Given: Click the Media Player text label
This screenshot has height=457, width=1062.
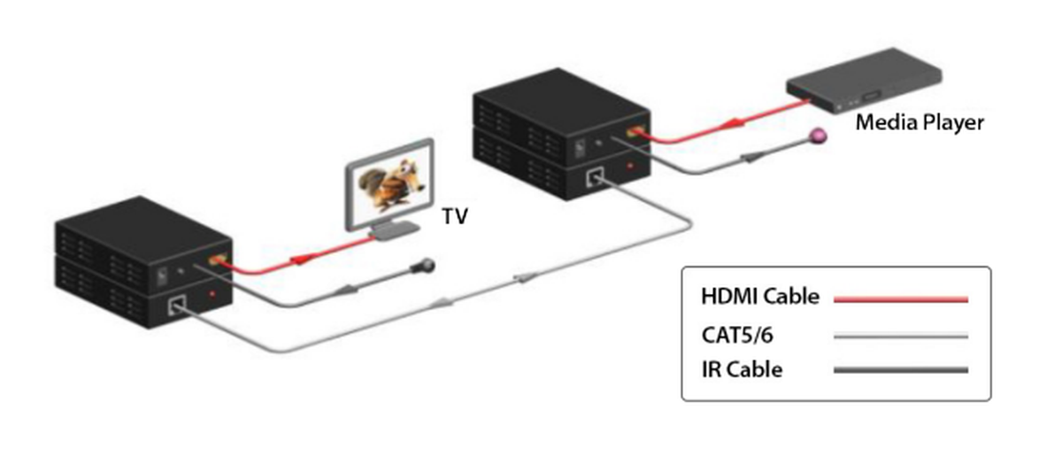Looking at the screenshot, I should point(919,123).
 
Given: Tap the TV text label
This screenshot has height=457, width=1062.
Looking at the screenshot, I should point(455,215).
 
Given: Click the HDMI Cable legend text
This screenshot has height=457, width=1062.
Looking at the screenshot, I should point(760,297).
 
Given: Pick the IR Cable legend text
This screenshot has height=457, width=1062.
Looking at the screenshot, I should point(742,369).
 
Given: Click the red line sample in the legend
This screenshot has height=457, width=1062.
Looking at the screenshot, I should point(901,299).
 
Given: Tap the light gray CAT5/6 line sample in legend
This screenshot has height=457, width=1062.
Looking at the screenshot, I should point(901,336).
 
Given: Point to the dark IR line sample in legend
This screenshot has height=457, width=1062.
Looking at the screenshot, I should point(901,370).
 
